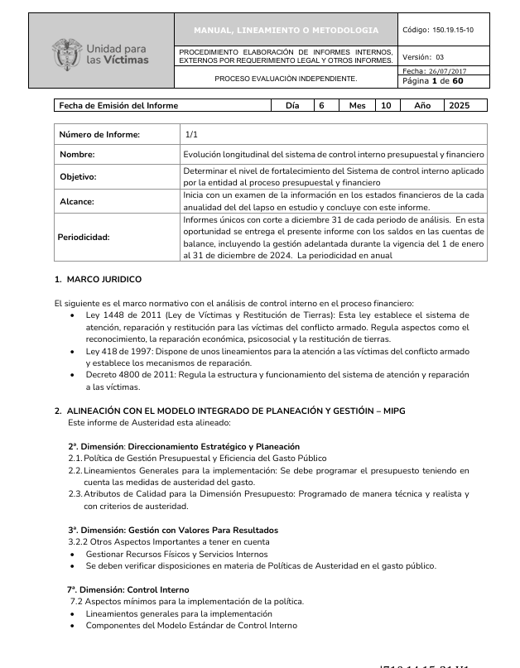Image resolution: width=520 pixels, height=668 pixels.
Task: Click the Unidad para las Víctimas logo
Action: click(101, 52)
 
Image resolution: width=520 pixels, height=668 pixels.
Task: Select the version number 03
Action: click(440, 57)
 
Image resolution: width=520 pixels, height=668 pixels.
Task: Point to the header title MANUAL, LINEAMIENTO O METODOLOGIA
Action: click(286, 31)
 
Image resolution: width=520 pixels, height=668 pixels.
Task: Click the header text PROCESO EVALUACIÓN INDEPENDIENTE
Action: click(286, 79)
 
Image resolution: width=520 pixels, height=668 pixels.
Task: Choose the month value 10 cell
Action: click(385, 106)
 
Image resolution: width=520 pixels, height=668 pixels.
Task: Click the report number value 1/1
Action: click(192, 134)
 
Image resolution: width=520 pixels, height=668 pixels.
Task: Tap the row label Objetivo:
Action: click(78, 177)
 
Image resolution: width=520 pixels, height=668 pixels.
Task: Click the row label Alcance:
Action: click(76, 201)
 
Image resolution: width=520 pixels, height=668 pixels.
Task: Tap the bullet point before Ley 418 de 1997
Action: click(76, 352)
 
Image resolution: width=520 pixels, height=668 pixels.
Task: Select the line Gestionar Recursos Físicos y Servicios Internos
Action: click(176, 554)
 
